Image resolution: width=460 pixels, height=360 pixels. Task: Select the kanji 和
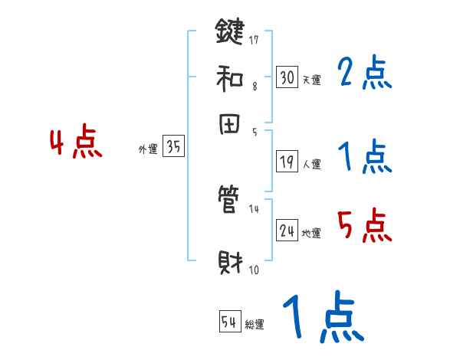point(229,77)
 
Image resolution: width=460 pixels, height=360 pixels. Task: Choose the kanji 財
point(229,263)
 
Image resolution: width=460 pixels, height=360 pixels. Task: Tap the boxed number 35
point(174,148)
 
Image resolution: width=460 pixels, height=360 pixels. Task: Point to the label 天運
point(311,80)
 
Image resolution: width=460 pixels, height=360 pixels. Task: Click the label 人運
point(311,164)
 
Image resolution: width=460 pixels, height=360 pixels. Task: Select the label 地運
point(311,233)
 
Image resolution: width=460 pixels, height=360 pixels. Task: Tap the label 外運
point(148,150)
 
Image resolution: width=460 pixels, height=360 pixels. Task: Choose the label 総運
point(255,325)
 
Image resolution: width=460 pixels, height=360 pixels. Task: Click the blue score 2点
point(363,74)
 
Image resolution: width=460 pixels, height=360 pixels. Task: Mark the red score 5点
point(363,226)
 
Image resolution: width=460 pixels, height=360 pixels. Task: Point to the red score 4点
point(75,143)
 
